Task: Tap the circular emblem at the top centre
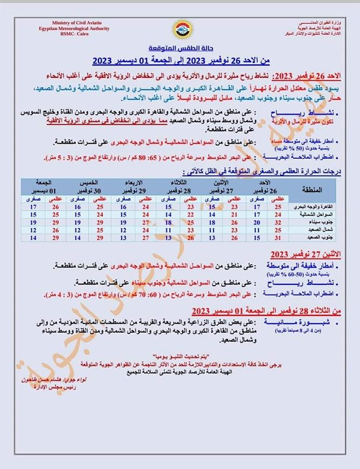(x=180, y=29)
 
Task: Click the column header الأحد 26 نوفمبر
(x=265, y=189)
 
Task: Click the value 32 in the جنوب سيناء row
(x=278, y=222)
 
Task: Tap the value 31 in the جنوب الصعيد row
(x=278, y=237)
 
